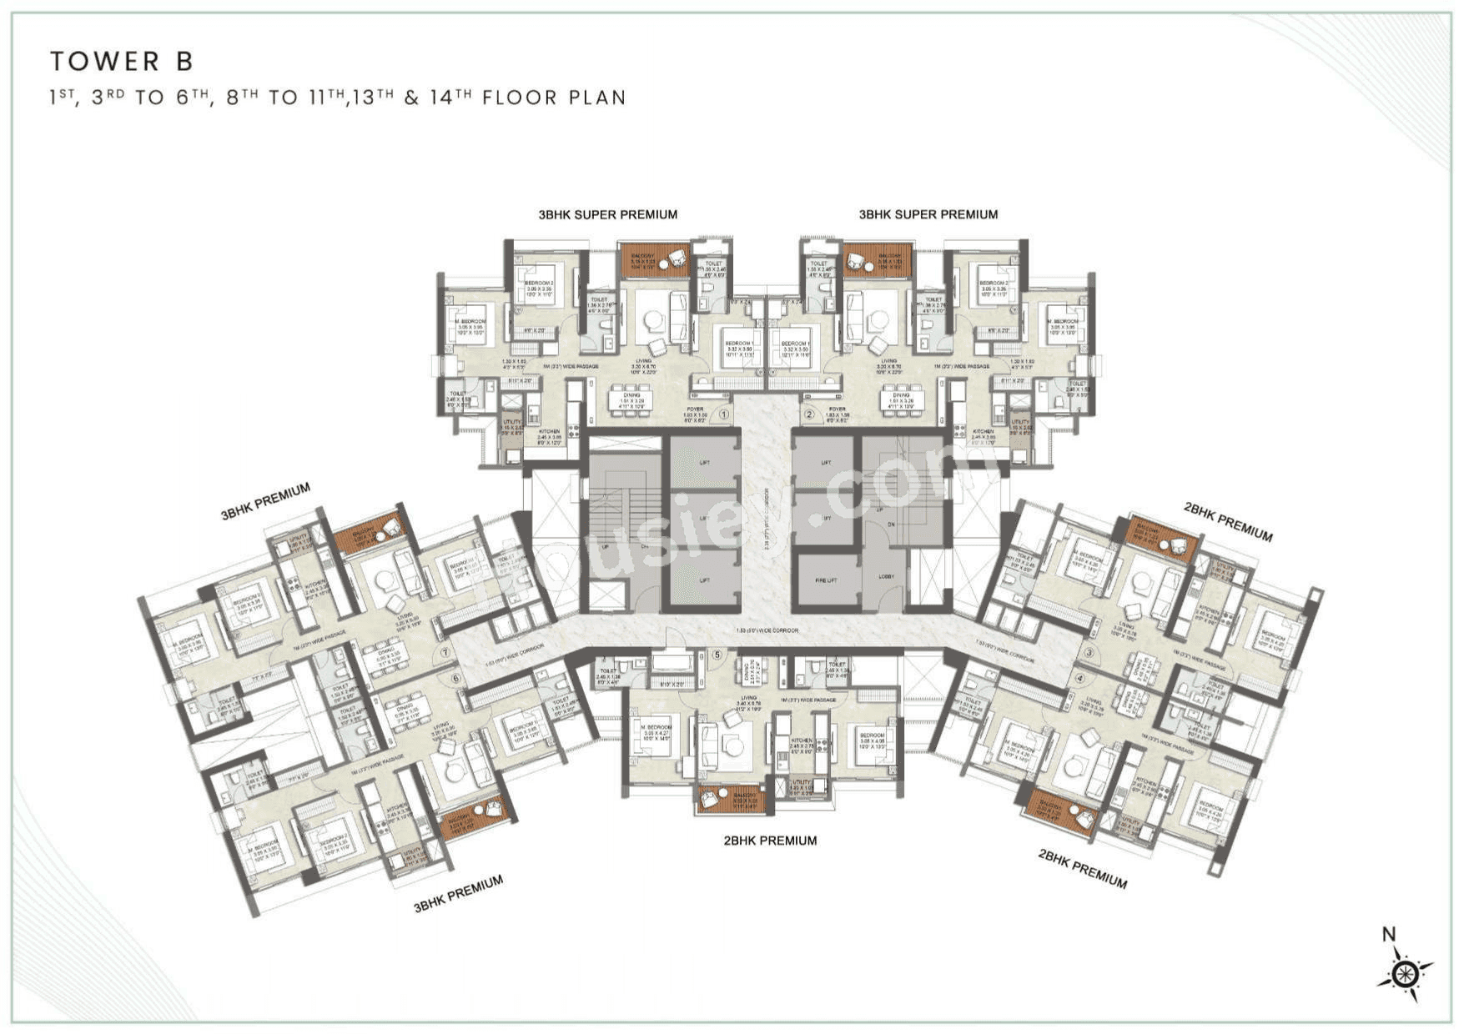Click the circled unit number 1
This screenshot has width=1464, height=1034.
(x=724, y=414)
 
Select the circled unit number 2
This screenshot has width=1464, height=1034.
(x=808, y=414)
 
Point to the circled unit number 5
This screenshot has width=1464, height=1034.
(x=717, y=655)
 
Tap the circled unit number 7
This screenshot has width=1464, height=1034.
(x=445, y=653)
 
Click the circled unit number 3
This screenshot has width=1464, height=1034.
(x=1089, y=652)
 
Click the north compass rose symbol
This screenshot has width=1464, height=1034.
(x=1406, y=973)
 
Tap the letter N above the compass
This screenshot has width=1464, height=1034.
(x=1389, y=935)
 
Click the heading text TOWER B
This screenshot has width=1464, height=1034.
(x=122, y=61)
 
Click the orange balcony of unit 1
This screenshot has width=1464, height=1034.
(x=655, y=260)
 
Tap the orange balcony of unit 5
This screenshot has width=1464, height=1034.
(x=731, y=799)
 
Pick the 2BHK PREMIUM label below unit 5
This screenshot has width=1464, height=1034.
(x=770, y=841)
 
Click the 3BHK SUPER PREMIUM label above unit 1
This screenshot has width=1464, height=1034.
(x=607, y=214)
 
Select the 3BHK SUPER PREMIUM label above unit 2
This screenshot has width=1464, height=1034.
(x=928, y=214)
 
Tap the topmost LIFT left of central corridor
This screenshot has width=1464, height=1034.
(x=704, y=462)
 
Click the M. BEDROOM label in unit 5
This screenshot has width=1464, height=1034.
(x=657, y=728)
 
